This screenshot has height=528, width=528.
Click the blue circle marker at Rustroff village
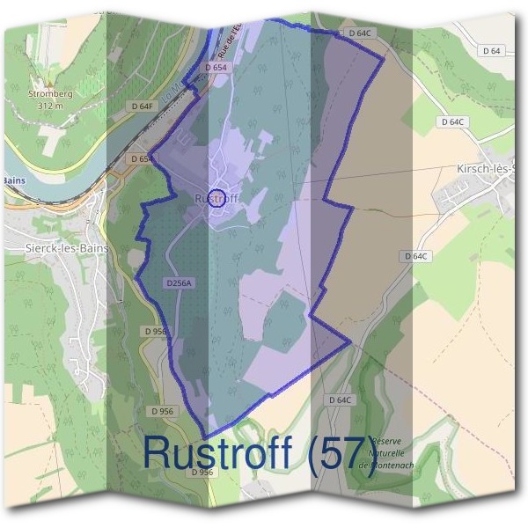click(x=219, y=196)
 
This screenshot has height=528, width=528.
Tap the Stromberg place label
click(x=51, y=92)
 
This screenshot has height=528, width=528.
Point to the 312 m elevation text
click(x=52, y=106)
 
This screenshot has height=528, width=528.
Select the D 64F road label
click(x=142, y=106)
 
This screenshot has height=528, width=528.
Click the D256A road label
click(x=179, y=283)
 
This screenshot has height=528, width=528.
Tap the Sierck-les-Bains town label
click(x=69, y=248)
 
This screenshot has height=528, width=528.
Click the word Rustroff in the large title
click(x=218, y=452)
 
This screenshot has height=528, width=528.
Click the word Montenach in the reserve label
click(x=392, y=467)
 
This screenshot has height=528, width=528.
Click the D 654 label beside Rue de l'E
click(x=216, y=67)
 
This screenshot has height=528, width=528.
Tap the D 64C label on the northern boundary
click(x=361, y=33)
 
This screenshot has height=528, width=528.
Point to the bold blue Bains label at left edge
click(x=14, y=180)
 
